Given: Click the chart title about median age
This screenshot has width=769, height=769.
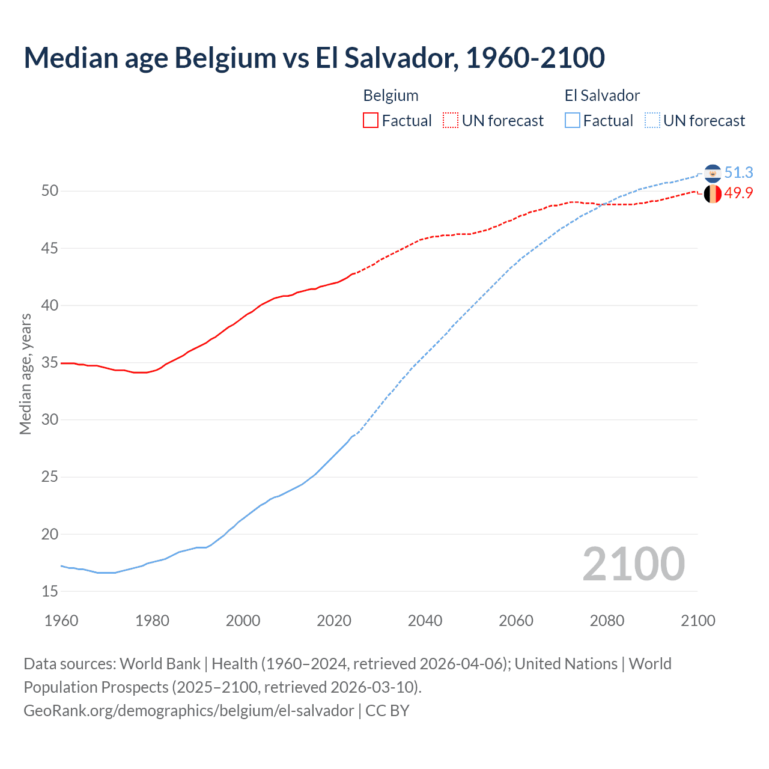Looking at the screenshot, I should click(314, 58).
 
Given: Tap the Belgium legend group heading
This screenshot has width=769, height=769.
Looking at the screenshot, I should click(391, 96).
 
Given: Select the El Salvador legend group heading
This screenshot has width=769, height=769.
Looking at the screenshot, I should click(602, 96).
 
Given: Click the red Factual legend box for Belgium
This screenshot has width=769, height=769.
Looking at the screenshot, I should click(371, 121).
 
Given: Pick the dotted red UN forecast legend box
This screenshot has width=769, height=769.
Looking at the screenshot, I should click(451, 121).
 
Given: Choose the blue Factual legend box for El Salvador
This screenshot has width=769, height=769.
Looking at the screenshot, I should click(573, 121).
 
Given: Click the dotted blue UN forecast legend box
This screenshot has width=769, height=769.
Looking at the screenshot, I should click(652, 121).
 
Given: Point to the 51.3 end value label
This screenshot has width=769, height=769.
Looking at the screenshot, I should click(738, 172).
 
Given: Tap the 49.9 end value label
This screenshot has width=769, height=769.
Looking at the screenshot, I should click(738, 193).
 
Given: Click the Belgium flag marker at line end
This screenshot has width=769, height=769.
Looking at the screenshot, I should click(713, 194).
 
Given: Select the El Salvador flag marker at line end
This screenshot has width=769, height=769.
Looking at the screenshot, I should click(713, 173).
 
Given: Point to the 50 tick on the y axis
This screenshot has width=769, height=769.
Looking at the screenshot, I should click(50, 191).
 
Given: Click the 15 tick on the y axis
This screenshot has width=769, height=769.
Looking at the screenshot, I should click(50, 592).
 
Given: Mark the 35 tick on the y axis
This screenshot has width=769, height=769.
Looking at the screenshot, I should click(50, 363).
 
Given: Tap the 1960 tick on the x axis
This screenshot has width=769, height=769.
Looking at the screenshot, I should click(61, 621).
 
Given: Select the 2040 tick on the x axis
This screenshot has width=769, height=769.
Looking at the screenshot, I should click(425, 621).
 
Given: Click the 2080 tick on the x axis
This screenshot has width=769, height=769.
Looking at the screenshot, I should click(607, 621).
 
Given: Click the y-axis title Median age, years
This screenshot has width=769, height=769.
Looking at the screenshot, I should click(25, 374).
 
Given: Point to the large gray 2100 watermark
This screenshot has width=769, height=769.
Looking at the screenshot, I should click(633, 564).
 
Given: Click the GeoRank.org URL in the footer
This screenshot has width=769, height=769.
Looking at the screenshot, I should click(189, 711).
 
